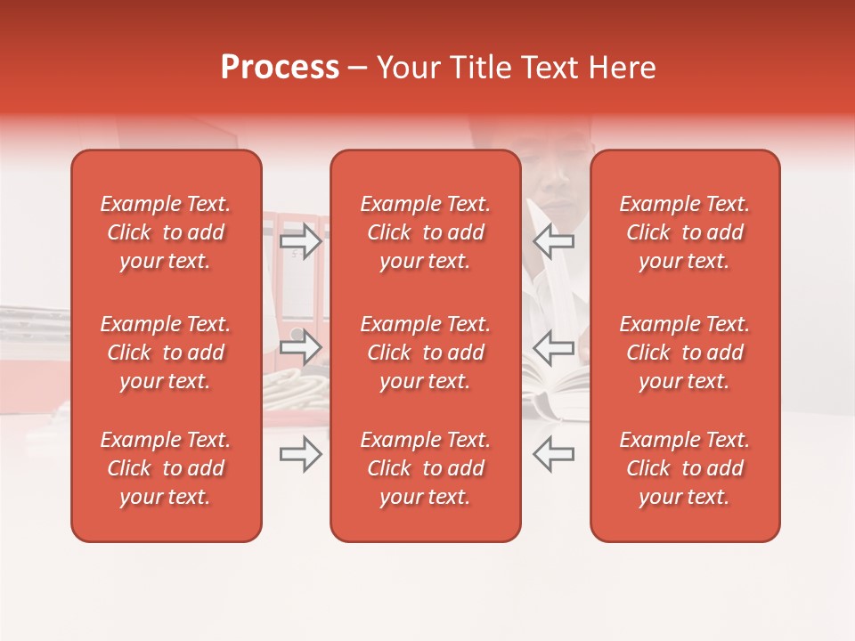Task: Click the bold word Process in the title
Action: tap(280, 68)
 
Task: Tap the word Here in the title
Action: tap(623, 68)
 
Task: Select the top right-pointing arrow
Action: tap(301, 240)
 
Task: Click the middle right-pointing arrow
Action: tap(301, 347)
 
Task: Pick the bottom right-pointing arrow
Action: tap(301, 454)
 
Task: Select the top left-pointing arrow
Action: tap(554, 240)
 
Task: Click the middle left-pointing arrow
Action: tap(554, 347)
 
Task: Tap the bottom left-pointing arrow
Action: tap(554, 454)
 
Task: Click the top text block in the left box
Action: tap(166, 232)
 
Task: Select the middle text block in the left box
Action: tap(166, 353)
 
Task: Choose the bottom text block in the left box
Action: tap(166, 468)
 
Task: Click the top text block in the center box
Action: tap(425, 232)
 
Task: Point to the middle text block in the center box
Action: tap(425, 353)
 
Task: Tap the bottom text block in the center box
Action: tap(425, 468)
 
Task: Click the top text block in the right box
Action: tap(684, 232)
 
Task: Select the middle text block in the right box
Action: tap(684, 353)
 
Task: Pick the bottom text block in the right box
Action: tap(684, 468)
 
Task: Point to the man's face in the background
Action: tap(554, 178)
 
